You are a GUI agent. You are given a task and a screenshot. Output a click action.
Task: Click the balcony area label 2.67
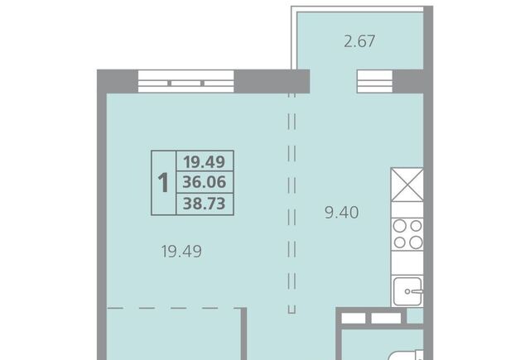pyautogui.click(x=359, y=41)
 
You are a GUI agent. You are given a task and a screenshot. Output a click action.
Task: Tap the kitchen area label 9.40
pyautogui.click(x=341, y=213)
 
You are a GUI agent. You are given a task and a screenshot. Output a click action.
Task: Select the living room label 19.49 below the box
pyautogui.click(x=181, y=252)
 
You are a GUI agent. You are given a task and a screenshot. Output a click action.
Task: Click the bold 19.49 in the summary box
pyautogui.click(x=205, y=162)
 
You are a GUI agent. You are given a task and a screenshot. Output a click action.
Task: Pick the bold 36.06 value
pyautogui.click(x=205, y=182)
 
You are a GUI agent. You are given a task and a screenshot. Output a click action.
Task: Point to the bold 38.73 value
pyautogui.click(x=205, y=204)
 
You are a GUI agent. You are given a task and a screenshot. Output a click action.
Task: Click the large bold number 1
pyautogui.click(x=163, y=183)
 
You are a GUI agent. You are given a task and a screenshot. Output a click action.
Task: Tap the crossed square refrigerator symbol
pyautogui.click(x=407, y=185)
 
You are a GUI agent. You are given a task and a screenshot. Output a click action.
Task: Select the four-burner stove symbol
pyautogui.click(x=407, y=234)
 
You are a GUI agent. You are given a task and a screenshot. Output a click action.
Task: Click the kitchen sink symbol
pyautogui.click(x=408, y=291)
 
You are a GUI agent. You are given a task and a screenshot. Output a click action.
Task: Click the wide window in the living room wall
pyautogui.click(x=185, y=81)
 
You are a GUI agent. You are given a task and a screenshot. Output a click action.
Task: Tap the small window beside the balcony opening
pyautogui.click(x=375, y=81)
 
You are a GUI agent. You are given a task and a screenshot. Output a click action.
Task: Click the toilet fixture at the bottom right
pyautogui.click(x=406, y=354)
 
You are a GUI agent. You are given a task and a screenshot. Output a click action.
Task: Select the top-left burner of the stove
pyautogui.click(x=400, y=226)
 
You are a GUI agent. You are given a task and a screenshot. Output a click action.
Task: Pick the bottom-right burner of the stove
pyautogui.click(x=416, y=242)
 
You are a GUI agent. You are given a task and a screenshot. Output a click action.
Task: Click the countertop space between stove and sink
pyautogui.click(x=407, y=263)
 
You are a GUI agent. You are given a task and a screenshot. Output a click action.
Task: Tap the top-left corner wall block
pyautogui.click(x=118, y=81)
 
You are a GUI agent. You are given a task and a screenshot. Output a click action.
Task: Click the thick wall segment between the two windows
pyautogui.click(x=272, y=81)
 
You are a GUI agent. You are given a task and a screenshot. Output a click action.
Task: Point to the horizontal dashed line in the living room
pyautogui.click(x=174, y=308)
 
